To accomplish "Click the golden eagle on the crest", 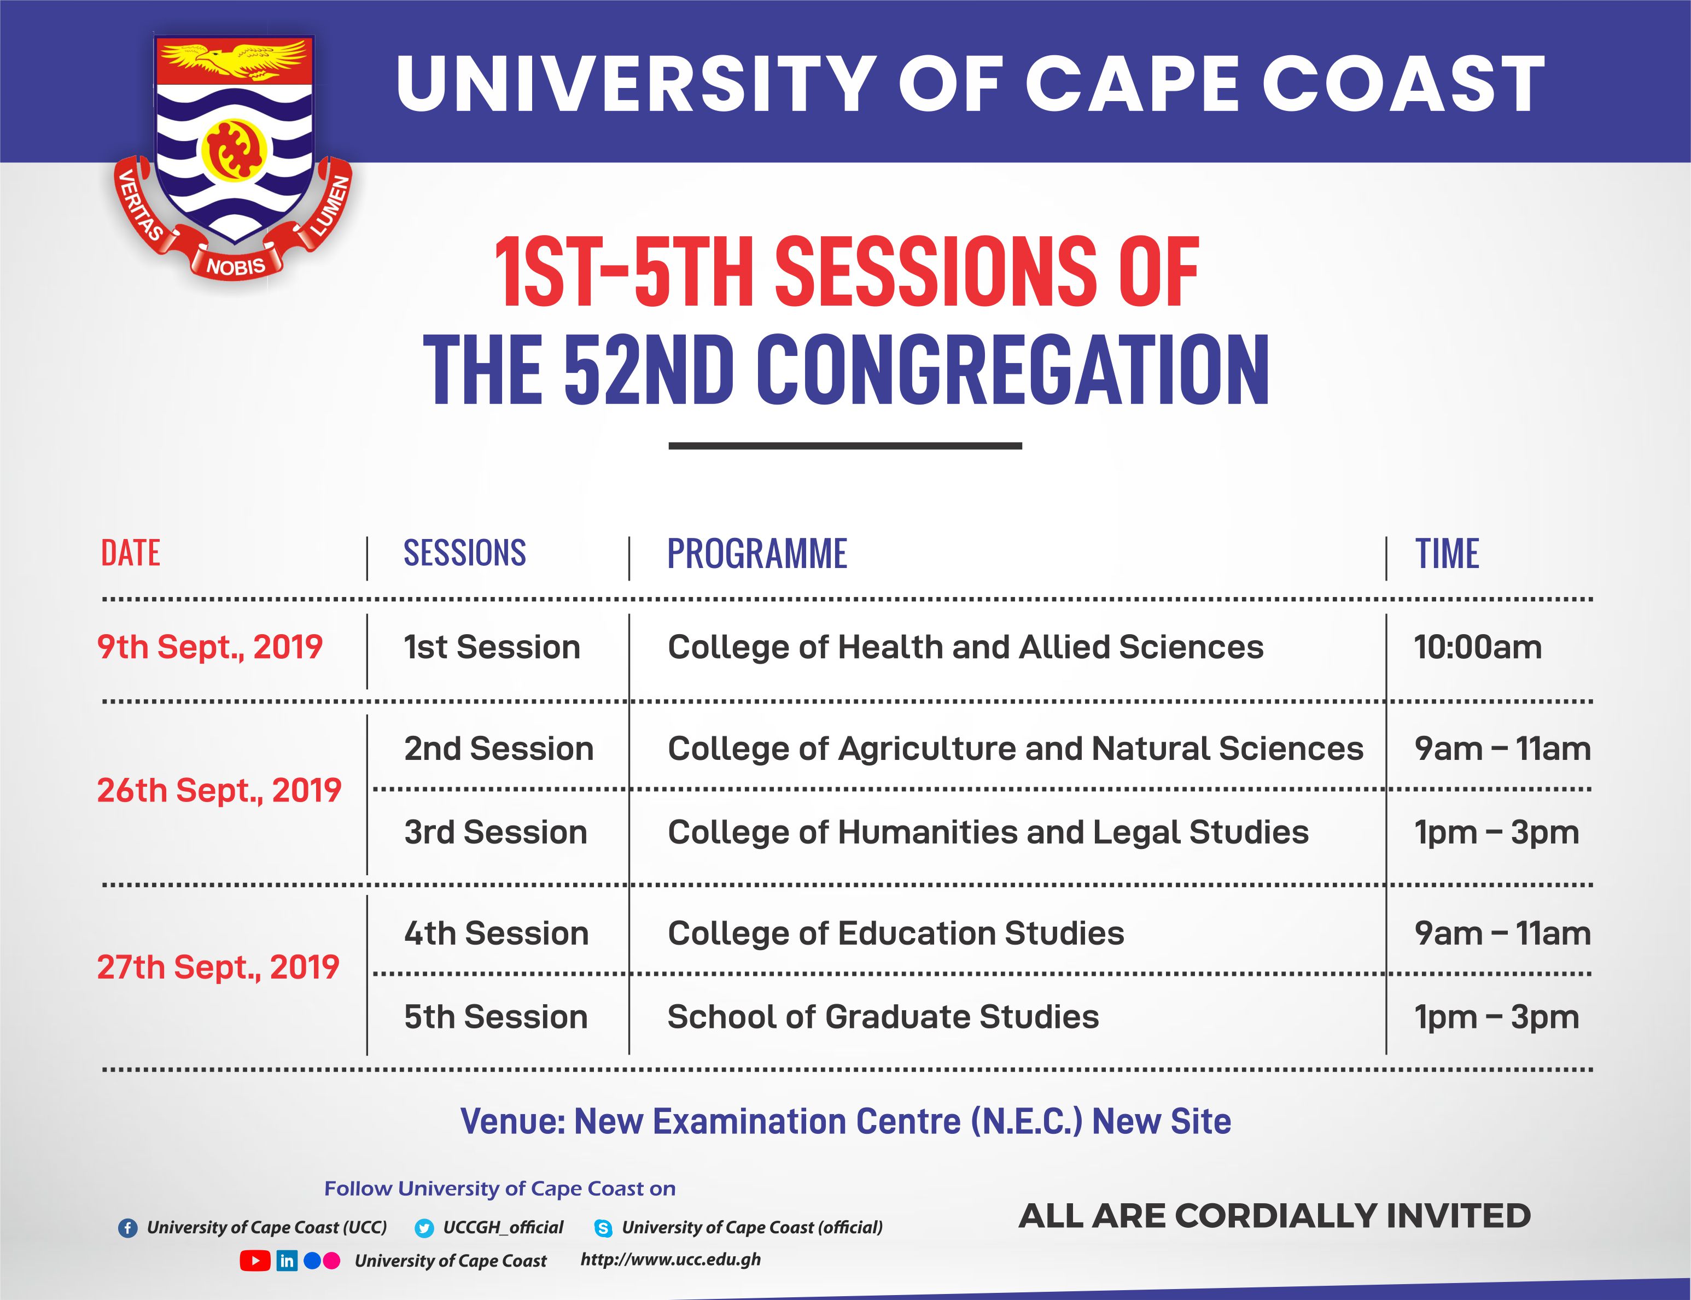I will coord(235,59).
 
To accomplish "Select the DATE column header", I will coord(130,554).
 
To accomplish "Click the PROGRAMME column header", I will coord(757,554).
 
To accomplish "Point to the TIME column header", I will coord(1447,554).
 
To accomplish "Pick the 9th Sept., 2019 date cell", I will coord(209,647).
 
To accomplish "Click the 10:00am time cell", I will coord(1477,647).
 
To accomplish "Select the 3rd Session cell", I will coord(495,833).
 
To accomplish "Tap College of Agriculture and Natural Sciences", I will coord(1014,749).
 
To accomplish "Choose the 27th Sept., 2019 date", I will coord(218,967).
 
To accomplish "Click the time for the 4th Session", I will coord(1501,934).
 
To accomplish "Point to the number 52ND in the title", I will coord(649,371).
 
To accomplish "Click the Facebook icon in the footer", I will coord(127,1228).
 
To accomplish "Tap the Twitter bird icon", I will coord(424,1228).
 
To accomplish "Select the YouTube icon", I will coord(255,1261).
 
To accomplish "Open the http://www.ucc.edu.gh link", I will coord(670,1260).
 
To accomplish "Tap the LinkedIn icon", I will coord(287,1261).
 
